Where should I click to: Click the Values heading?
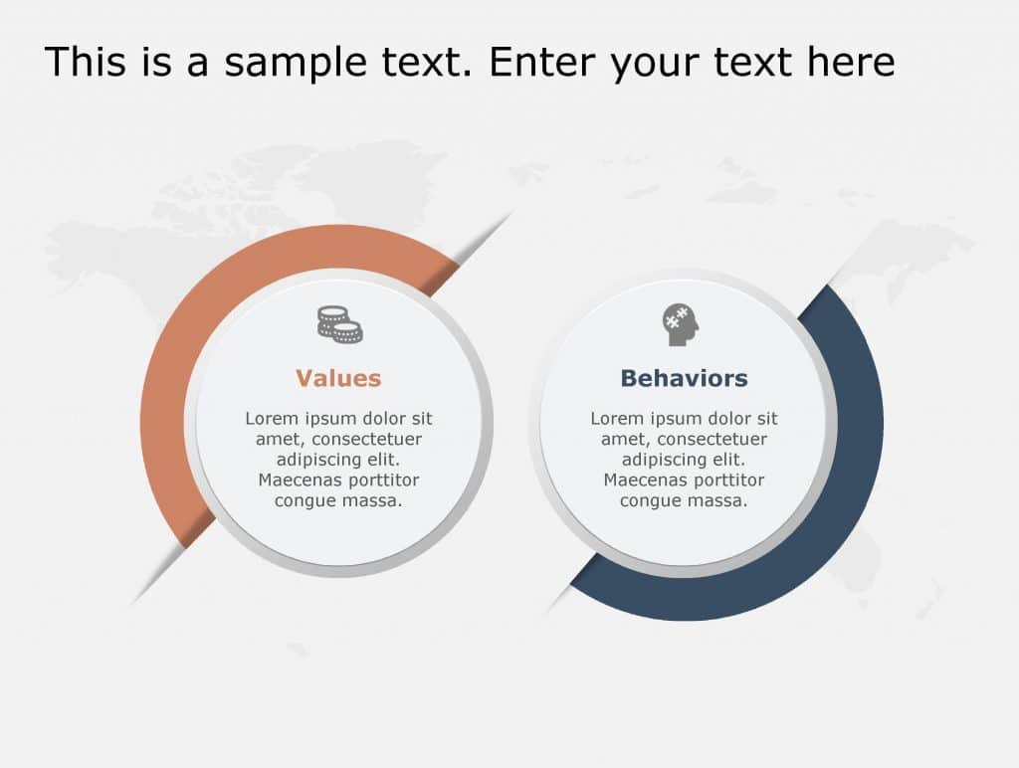(x=338, y=379)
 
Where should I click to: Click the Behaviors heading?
(x=684, y=379)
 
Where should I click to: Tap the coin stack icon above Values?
(x=339, y=324)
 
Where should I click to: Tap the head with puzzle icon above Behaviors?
(x=682, y=325)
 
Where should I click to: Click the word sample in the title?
(x=298, y=62)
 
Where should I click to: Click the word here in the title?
(x=851, y=62)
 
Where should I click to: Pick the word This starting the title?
(x=83, y=62)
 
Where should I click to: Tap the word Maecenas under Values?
(x=296, y=480)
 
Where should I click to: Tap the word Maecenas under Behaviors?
(x=641, y=480)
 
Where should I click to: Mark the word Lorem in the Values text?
(x=272, y=419)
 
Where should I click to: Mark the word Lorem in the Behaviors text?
(x=617, y=419)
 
